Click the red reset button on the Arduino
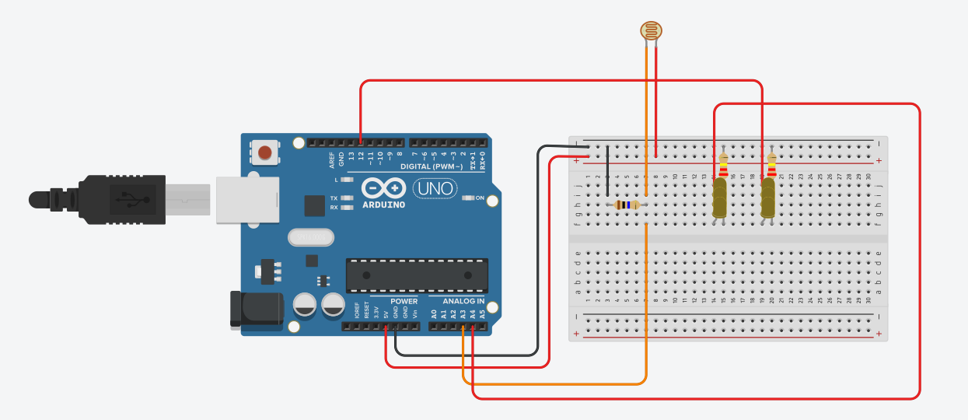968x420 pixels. (x=266, y=152)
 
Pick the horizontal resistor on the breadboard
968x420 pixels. (x=626, y=205)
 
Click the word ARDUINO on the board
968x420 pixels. (x=383, y=205)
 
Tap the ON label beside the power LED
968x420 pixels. (x=480, y=198)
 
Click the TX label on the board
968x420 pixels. (x=334, y=198)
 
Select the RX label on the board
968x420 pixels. (x=334, y=208)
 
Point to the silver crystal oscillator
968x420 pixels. (x=310, y=236)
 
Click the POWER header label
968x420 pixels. (x=404, y=301)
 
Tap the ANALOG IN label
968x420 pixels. (x=463, y=301)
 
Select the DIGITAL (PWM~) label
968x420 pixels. (x=432, y=167)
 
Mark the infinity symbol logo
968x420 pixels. (x=383, y=189)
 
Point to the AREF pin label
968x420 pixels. (x=332, y=159)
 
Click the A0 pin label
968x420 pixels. (x=435, y=314)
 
